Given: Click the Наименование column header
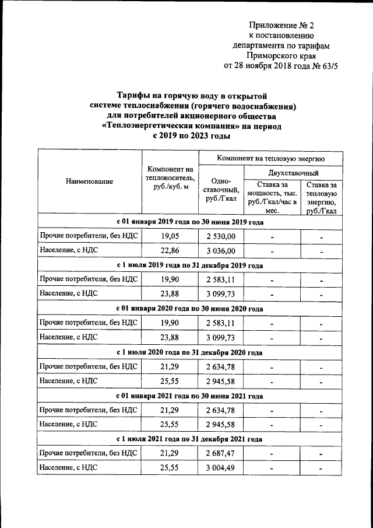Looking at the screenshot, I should coord(89,182).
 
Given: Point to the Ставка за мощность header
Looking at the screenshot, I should coord(272,197).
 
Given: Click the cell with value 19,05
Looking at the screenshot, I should coord(170,236).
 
